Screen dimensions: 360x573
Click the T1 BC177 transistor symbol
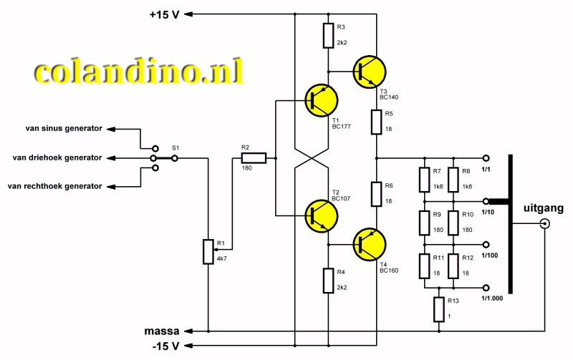321,100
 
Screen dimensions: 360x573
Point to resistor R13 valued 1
438,310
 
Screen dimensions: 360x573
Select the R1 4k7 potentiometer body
207,251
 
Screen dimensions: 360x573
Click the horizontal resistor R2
254,158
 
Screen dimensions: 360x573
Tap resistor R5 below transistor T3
377,122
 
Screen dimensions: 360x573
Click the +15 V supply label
164,14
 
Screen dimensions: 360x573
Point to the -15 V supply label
165,346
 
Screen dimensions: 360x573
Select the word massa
162,331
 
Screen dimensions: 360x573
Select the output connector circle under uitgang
544,223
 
